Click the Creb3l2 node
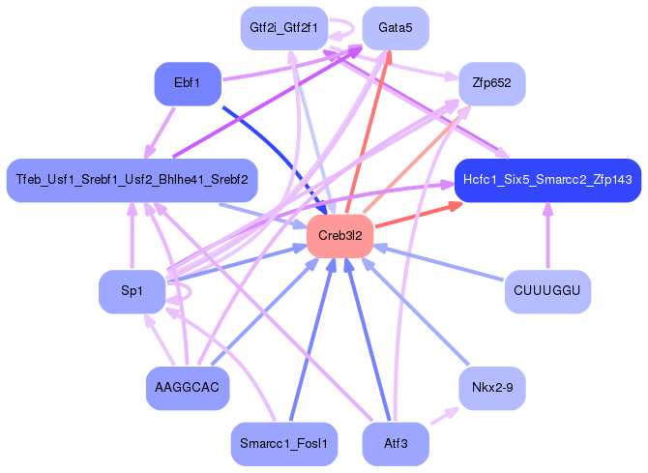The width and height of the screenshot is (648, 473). tap(340, 235)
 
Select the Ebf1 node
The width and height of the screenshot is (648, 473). tap(188, 83)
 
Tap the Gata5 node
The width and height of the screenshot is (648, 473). tap(396, 27)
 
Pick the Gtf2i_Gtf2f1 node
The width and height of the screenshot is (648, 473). tap(283, 27)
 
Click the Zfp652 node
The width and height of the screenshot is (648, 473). tap(491, 83)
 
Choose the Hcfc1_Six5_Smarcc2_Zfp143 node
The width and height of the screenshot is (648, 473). tap(547, 180)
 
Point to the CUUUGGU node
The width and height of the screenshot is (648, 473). tap(547, 291)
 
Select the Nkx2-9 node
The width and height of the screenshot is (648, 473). tap(491, 388)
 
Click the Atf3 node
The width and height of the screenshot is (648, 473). tap(396, 444)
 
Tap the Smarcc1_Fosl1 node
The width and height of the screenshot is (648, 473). tap(283, 444)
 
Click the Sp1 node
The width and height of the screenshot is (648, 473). tap(132, 291)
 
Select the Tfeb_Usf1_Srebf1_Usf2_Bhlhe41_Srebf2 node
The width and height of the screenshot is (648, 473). tap(132, 180)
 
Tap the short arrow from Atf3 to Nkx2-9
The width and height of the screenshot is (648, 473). tap(444, 415)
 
